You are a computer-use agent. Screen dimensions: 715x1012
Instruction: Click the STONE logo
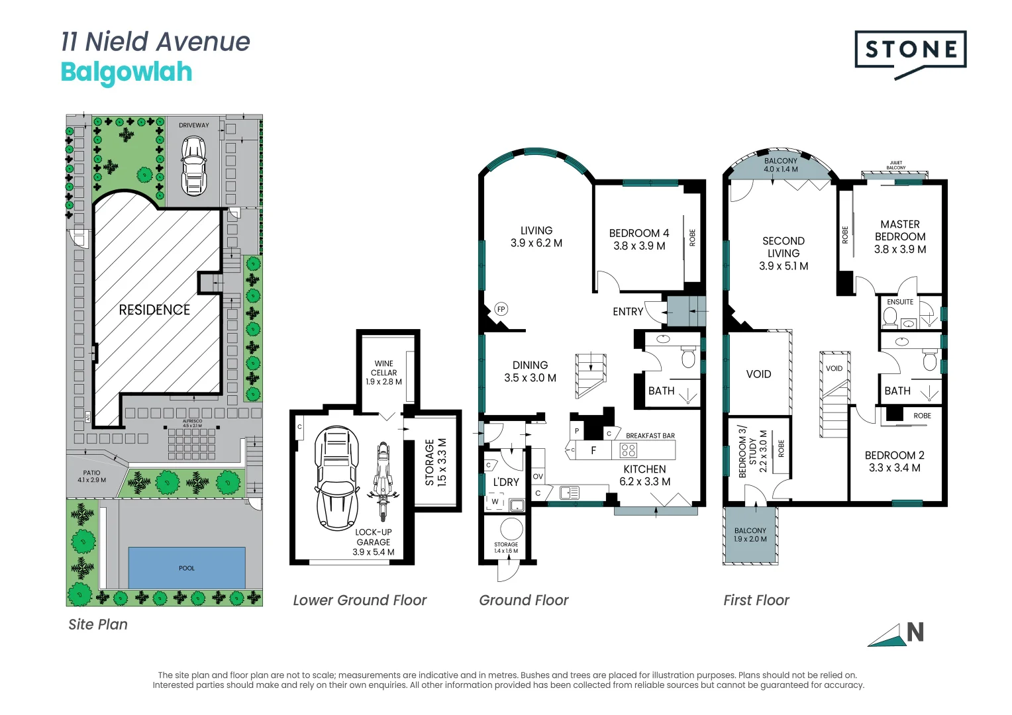pyautogui.click(x=910, y=50)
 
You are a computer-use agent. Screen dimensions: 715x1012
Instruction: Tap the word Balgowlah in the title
pyautogui.click(x=126, y=72)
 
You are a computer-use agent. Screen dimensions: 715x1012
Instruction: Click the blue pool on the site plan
pyautogui.click(x=187, y=567)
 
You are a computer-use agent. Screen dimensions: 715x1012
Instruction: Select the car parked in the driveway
pyautogui.click(x=193, y=166)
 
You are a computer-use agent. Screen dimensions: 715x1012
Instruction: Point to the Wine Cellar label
pyautogui.click(x=383, y=373)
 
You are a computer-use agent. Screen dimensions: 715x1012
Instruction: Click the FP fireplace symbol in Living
pyautogui.click(x=501, y=309)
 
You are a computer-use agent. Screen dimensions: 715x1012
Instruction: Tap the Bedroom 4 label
pyautogui.click(x=639, y=239)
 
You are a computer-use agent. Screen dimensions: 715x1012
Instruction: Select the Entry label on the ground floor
pyautogui.click(x=628, y=312)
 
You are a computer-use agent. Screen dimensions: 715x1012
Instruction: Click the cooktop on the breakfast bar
pyautogui.click(x=628, y=451)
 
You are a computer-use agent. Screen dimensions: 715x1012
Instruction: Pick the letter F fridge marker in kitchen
pyautogui.click(x=593, y=450)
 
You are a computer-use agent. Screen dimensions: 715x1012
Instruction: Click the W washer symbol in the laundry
pyautogui.click(x=495, y=502)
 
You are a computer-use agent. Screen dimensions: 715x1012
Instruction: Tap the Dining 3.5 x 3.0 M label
pyautogui.click(x=530, y=371)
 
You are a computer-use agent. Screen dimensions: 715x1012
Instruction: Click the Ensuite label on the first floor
pyautogui.click(x=900, y=302)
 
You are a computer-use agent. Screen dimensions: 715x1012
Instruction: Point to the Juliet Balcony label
pyautogui.click(x=895, y=165)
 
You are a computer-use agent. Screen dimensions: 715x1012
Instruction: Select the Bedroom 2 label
pyautogui.click(x=894, y=461)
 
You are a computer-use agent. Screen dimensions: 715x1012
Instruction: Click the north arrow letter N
pyautogui.click(x=915, y=633)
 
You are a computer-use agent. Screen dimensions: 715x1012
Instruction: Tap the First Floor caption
pyautogui.click(x=756, y=600)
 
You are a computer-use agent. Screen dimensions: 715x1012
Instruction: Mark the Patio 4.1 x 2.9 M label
pyautogui.click(x=91, y=476)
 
